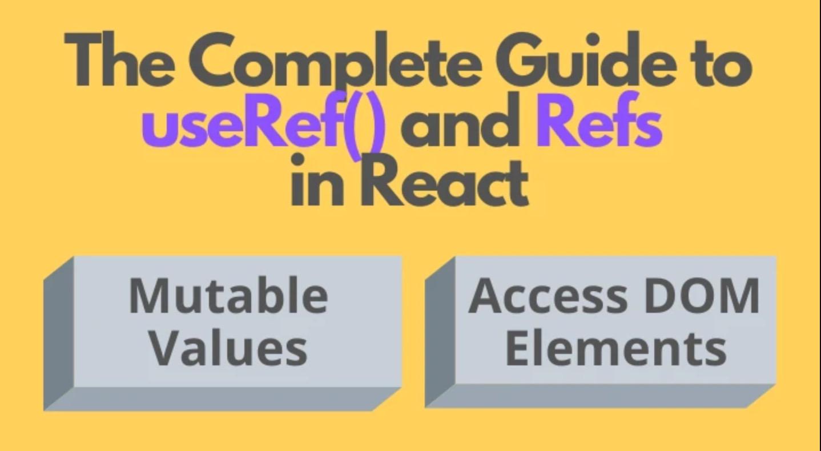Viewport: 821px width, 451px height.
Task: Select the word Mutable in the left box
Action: click(228, 295)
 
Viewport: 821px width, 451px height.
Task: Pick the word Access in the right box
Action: click(540, 295)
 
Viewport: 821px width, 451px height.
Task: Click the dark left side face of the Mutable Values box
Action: click(58, 334)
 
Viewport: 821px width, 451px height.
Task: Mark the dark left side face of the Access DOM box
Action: click(440, 331)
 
